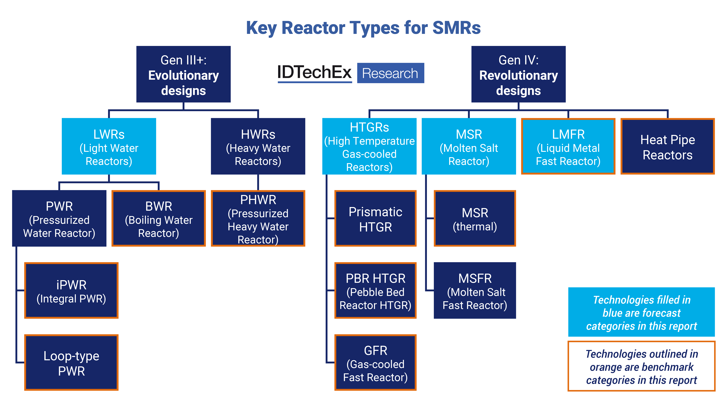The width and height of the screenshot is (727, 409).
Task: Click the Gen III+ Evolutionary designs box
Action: pos(183,74)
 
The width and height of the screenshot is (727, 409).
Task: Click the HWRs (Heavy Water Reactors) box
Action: pos(258,146)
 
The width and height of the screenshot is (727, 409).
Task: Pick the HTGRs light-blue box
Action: pos(369,146)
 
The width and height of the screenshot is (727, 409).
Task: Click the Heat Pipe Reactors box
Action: pos(667,146)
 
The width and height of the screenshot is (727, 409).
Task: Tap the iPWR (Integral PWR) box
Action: pos(71,291)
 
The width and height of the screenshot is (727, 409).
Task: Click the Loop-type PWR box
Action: pos(71,363)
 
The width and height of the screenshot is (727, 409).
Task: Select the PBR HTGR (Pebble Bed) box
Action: pos(375,291)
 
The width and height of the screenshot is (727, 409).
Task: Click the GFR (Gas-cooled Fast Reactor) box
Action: pos(375,363)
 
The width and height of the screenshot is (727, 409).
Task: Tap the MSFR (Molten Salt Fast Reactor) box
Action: pos(475,291)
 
